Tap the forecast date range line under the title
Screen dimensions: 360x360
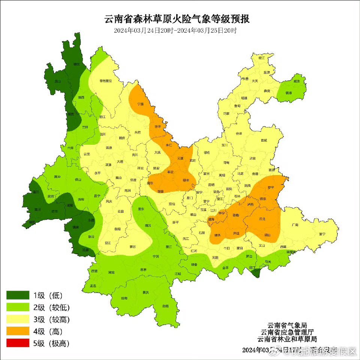pyautogui.click(x=175, y=31)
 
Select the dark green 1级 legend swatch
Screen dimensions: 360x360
pyautogui.click(x=18, y=295)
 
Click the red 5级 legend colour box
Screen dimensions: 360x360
pyautogui.click(x=18, y=343)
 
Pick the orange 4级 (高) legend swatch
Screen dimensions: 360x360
pyautogui.click(x=18, y=331)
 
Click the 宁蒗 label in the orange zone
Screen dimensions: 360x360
pyautogui.click(x=141, y=104)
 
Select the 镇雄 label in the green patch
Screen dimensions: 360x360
pyautogui.click(x=288, y=93)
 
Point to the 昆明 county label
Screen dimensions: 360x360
pyautogui.click(x=211, y=184)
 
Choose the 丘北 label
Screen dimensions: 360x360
pyautogui.click(x=262, y=219)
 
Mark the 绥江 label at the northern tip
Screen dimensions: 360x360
pyautogui.click(x=262, y=58)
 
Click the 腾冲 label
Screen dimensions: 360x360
pyautogui.click(x=57, y=176)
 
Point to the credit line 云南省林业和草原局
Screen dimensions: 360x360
pyautogui.click(x=287, y=339)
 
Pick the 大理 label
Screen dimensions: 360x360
pyautogui.click(x=120, y=162)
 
